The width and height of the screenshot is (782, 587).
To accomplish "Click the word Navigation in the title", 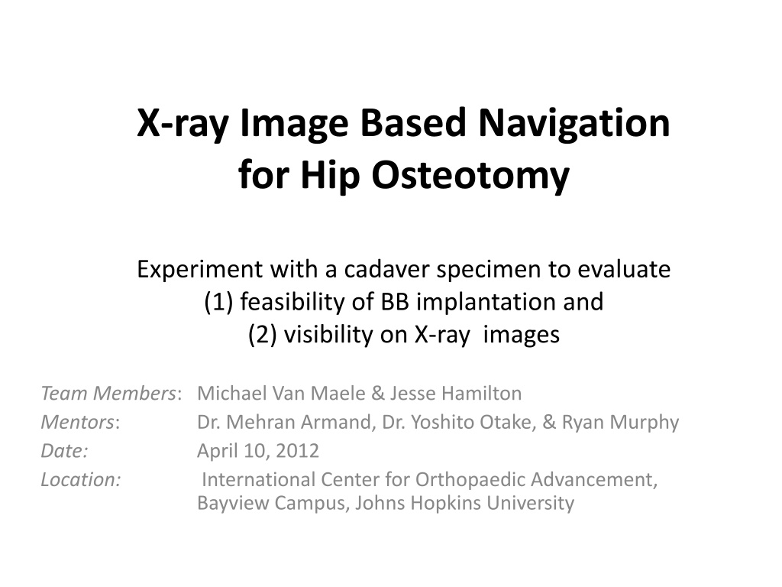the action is pos(574,123).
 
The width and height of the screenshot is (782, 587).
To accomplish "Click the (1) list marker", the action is pos(218,302).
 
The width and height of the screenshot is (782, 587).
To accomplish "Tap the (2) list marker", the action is pos(262,335).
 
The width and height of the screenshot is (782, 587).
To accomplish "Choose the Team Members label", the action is pos(108,394).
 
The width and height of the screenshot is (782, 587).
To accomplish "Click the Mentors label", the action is pos(78,422).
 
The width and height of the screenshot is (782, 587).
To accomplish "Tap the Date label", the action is pos(64,451).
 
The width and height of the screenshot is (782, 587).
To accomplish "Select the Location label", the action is pos(81,480).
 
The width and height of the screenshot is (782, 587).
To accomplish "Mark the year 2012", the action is pos(297,451).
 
